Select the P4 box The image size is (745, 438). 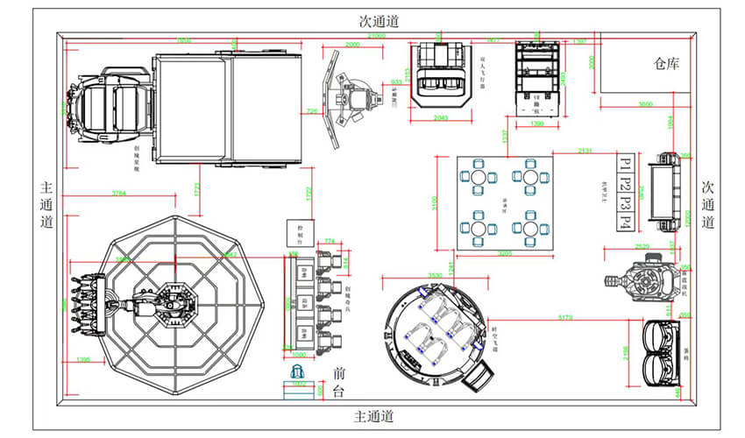624,221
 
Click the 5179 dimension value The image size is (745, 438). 564,316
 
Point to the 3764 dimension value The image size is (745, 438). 124,193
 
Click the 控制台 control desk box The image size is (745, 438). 294,232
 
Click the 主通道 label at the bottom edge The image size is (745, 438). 373,415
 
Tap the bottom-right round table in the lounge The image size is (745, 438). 531,230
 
